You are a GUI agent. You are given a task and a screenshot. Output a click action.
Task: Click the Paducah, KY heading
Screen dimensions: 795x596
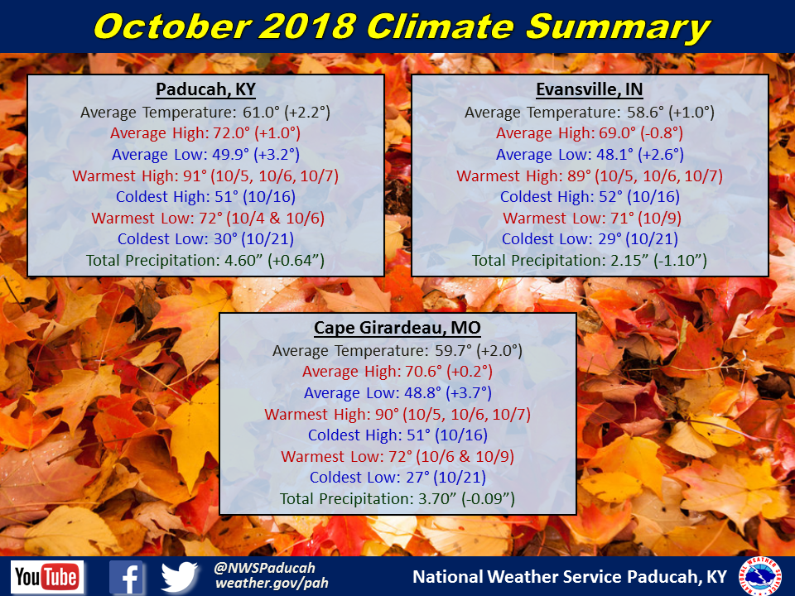point(205,89)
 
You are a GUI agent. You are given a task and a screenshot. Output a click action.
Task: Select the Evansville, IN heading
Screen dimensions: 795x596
point(589,89)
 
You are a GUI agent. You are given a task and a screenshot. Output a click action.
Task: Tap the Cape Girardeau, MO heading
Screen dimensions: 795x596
point(397,328)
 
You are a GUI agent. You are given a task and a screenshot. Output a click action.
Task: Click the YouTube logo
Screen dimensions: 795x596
point(47,577)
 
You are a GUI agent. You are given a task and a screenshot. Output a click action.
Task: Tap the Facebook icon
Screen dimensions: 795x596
point(126,577)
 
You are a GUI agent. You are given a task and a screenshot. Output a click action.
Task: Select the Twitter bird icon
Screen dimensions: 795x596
point(180,577)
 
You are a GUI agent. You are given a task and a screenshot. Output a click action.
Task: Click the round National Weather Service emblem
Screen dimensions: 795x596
point(760,576)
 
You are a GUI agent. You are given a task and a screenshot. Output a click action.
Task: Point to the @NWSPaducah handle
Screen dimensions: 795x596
point(264,568)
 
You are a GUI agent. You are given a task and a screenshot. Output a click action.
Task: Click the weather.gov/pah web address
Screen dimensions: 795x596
point(272,584)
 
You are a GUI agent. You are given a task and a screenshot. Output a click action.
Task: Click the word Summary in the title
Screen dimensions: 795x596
point(618,26)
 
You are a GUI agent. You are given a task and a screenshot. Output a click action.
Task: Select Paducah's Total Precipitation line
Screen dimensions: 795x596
point(205,261)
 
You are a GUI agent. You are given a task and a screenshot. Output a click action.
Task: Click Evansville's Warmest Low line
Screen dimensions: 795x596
point(591,219)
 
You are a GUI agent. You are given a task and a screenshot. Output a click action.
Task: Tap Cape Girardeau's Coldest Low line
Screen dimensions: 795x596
point(397,478)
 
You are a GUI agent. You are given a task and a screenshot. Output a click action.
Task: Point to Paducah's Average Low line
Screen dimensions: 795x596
point(205,155)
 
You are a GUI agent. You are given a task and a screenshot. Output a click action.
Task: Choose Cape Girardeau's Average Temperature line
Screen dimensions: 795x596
point(397,351)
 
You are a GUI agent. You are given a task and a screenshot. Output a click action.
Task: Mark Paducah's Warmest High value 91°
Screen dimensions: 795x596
point(195,175)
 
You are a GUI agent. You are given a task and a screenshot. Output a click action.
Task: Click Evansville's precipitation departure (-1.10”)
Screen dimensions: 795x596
point(680,261)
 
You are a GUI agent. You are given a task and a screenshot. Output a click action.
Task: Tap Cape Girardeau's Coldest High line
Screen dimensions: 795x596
point(397,435)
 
